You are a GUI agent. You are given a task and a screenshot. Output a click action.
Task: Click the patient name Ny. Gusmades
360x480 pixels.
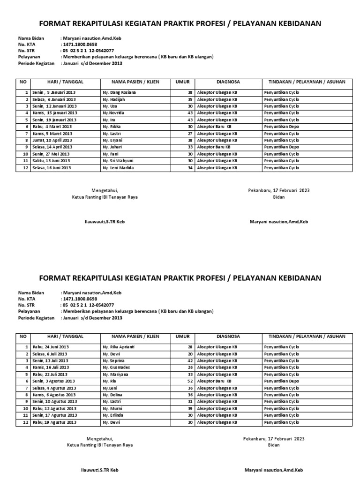click(115, 367)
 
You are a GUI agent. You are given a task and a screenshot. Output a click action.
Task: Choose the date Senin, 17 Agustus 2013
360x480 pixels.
click(54, 415)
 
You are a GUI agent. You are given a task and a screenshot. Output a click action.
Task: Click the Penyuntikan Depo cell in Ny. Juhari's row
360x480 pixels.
click(281, 147)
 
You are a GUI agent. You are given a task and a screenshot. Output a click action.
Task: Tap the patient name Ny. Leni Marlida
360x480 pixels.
click(118, 167)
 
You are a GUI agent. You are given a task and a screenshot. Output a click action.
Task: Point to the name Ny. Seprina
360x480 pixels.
click(113, 360)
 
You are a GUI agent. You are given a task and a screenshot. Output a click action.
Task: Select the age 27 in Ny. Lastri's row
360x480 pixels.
click(190, 133)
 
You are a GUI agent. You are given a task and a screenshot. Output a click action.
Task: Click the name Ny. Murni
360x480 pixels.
click(112, 408)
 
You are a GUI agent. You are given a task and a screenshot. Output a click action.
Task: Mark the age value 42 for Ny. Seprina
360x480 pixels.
click(190, 360)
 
